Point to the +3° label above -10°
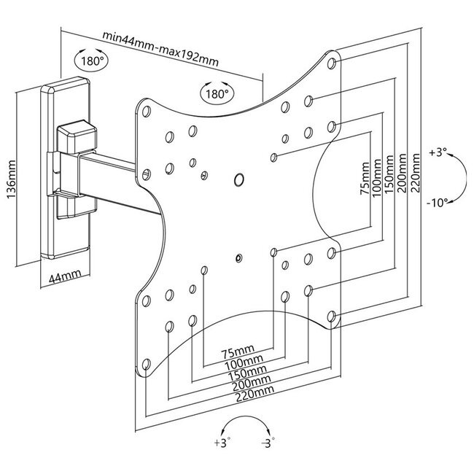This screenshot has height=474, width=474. tap(438, 153)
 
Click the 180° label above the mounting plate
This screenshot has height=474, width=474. tap(215, 94)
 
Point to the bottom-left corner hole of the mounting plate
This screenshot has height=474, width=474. tap(146, 362)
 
